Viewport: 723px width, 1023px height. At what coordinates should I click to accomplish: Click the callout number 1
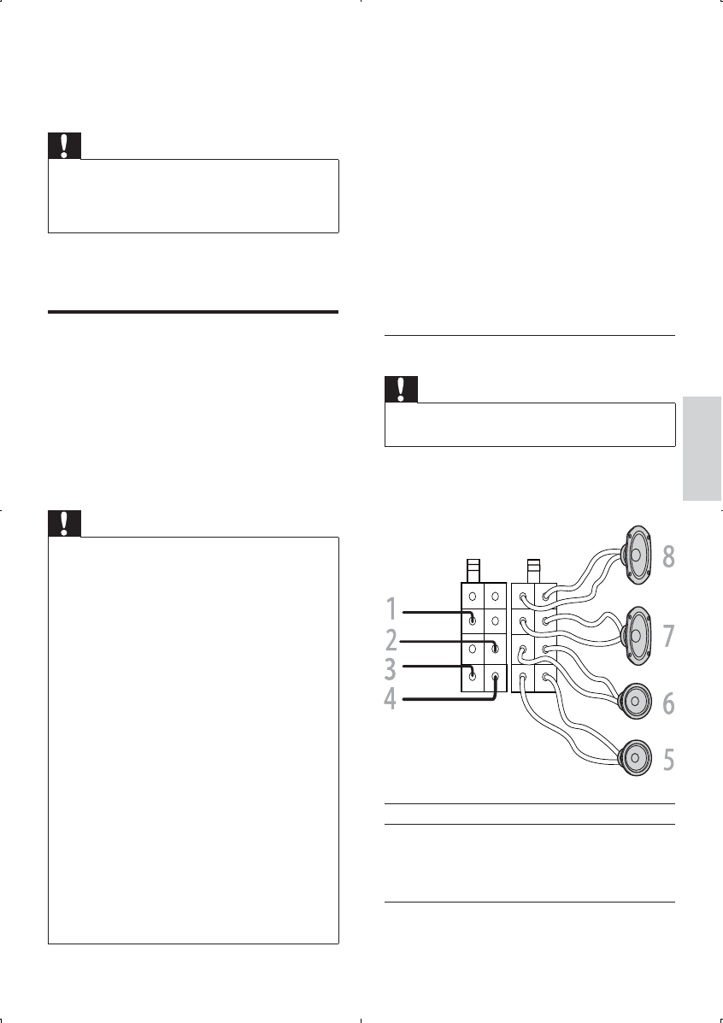click(x=391, y=611)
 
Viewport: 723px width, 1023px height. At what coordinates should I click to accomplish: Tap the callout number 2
click(x=391, y=641)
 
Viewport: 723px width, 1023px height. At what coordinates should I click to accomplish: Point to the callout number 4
click(x=390, y=699)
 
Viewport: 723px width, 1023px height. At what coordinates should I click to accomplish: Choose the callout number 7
click(x=667, y=636)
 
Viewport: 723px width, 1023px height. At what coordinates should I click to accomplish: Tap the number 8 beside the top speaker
click(x=667, y=556)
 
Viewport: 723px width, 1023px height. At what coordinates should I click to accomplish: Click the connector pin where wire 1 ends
click(x=473, y=620)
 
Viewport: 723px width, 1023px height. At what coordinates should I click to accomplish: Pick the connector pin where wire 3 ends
click(x=473, y=676)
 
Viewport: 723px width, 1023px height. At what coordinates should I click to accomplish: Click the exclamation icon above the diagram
click(x=402, y=390)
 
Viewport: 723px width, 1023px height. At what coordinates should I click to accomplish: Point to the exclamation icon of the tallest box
click(x=64, y=523)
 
